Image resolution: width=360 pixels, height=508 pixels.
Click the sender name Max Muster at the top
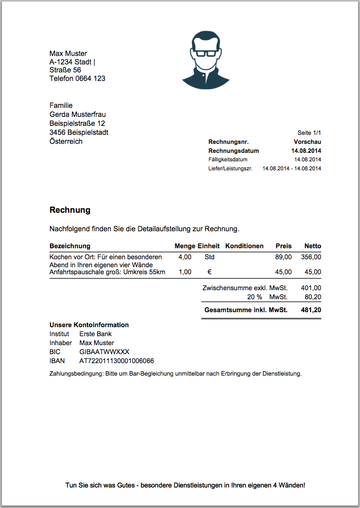68,53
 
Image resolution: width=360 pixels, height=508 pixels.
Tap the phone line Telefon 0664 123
77,78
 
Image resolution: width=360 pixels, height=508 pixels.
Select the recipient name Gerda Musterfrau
77,114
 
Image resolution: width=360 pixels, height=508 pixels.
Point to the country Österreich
66,141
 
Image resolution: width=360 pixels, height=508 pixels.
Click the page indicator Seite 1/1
309,133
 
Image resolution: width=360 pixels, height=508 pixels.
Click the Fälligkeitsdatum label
228,159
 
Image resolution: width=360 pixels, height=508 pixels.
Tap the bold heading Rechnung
70,210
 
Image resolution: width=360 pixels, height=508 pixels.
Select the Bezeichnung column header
70,246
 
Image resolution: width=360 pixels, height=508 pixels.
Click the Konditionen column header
244,246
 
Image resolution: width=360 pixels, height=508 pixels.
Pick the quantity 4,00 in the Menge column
185,257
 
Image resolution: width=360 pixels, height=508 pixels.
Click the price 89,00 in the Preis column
284,257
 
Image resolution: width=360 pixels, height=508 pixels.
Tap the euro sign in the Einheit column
210,272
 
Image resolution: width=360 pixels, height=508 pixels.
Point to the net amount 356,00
311,257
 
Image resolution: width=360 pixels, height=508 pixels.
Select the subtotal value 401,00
311,288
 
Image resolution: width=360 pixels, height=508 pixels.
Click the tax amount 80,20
313,297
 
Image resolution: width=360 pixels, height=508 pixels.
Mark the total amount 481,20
311,310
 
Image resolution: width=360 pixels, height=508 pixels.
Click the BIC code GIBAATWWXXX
104,352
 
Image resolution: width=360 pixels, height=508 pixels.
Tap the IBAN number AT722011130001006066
116,361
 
